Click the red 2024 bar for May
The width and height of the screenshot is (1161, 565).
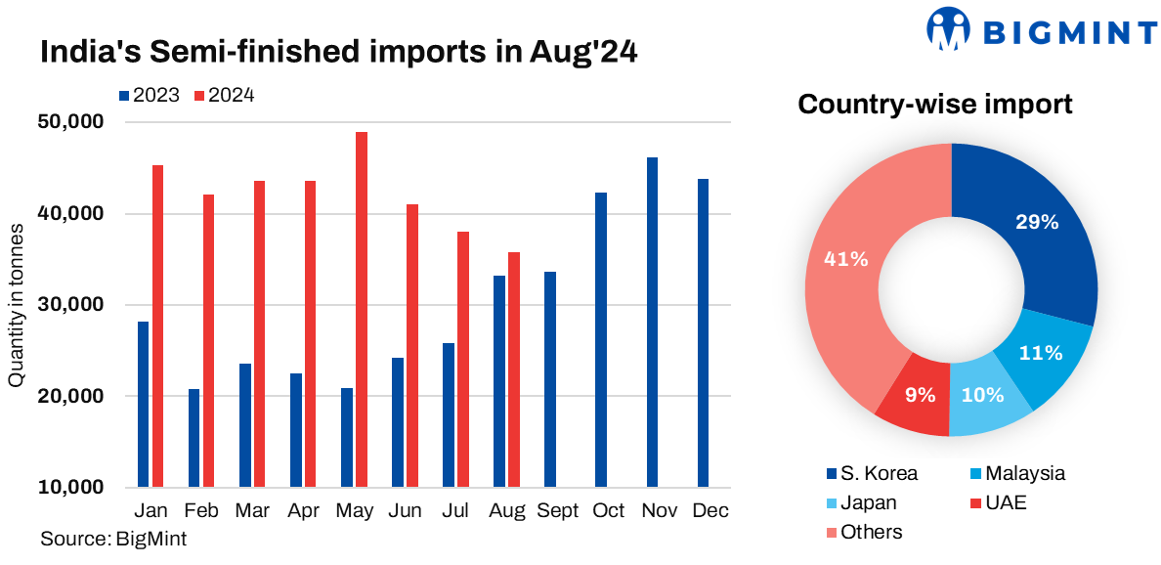361,309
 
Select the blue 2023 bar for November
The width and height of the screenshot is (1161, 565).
652,322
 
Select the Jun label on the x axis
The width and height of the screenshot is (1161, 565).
404,511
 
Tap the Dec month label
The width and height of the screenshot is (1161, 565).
709,511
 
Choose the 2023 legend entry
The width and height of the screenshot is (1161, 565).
149,96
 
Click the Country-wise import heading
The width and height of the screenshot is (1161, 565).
935,104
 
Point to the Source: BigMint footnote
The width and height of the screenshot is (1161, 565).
113,539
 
